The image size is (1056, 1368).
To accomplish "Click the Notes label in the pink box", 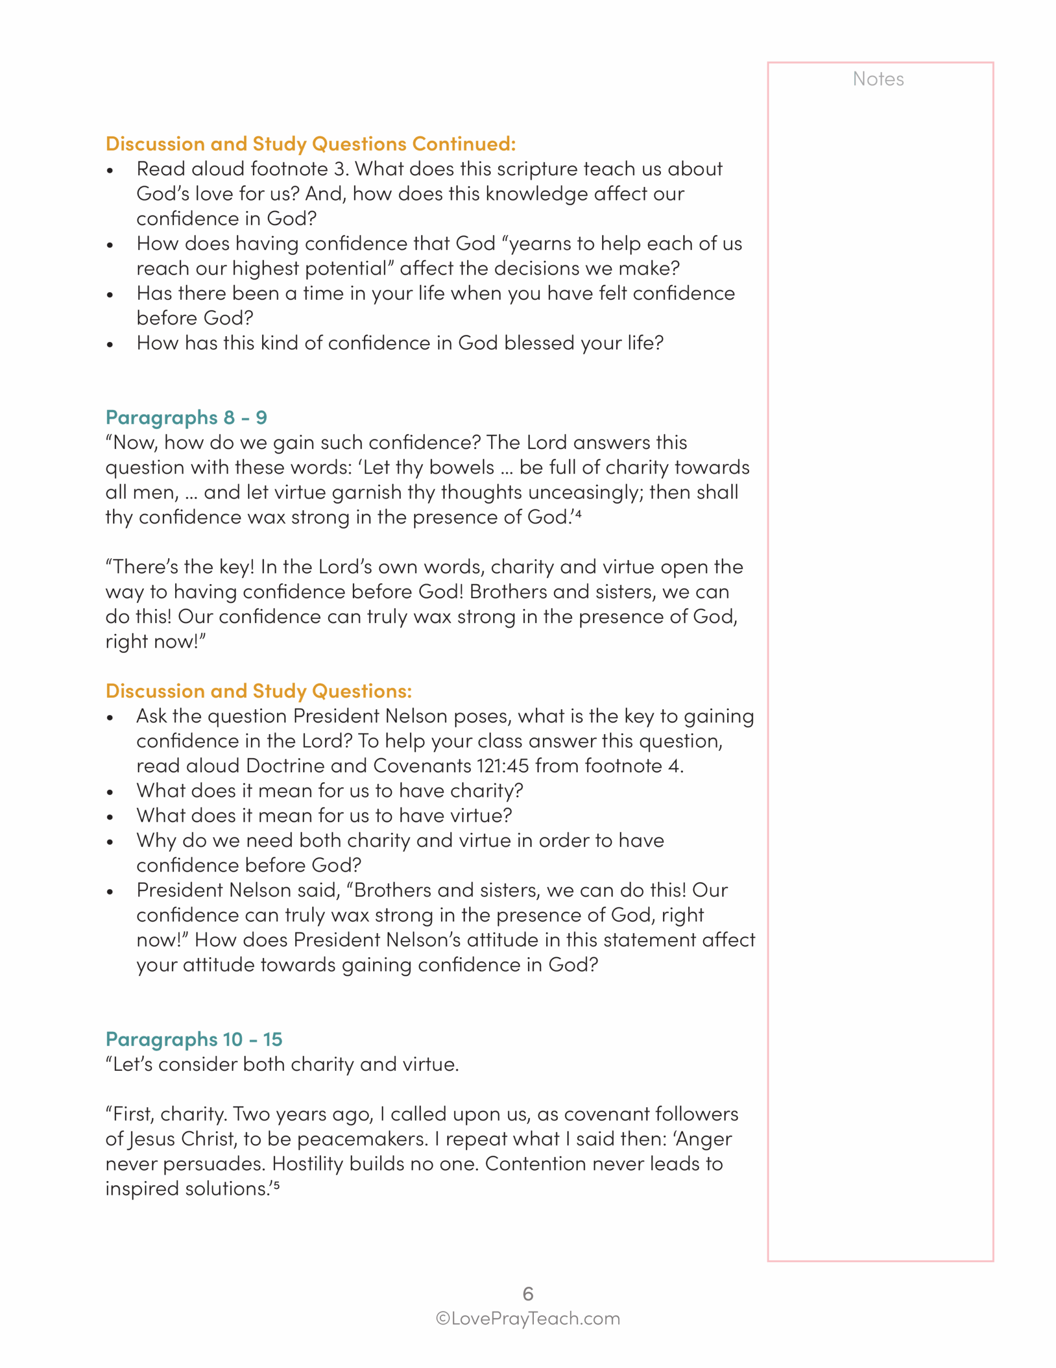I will (x=878, y=79).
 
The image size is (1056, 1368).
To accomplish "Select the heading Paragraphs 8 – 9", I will (x=186, y=417).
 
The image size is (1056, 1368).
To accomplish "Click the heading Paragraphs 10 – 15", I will (x=193, y=1039).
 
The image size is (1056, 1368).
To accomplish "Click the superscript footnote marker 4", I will (x=578, y=513).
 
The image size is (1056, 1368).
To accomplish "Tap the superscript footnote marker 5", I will (x=276, y=1185).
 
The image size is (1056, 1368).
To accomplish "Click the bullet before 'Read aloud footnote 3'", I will (x=110, y=170).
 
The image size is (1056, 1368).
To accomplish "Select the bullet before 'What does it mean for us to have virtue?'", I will (x=110, y=817).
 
